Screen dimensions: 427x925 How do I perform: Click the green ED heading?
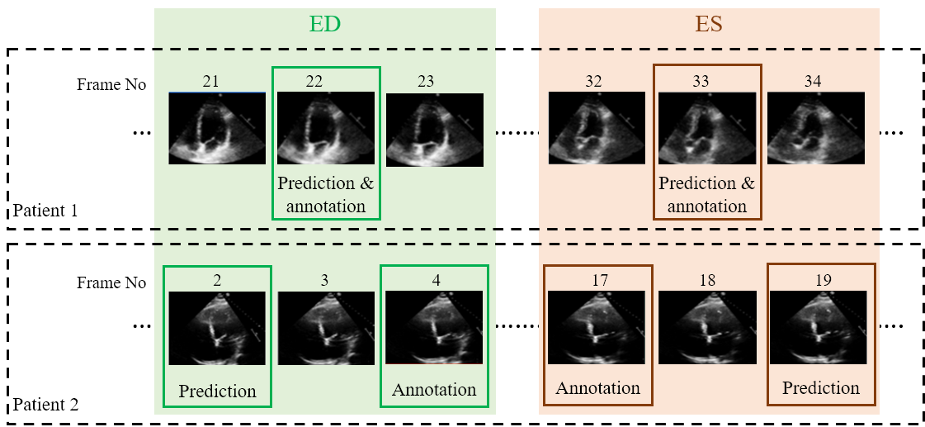(x=324, y=25)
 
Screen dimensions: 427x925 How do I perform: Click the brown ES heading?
(x=709, y=25)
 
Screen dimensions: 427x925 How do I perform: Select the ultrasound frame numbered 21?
(x=217, y=128)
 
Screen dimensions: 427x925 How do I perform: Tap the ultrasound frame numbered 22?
(x=326, y=128)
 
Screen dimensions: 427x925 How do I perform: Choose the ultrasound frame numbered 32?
(x=597, y=128)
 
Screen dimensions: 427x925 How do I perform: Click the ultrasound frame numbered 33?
(x=707, y=128)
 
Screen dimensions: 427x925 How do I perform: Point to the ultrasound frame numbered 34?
(x=816, y=128)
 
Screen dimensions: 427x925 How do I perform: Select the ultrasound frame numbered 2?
(x=217, y=328)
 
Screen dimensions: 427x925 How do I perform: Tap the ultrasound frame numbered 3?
(x=326, y=328)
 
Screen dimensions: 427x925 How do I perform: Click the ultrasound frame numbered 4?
(x=434, y=328)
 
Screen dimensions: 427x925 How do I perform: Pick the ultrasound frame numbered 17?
(x=597, y=328)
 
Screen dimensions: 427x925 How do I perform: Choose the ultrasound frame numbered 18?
(x=707, y=328)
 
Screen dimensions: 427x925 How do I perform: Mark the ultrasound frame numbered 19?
(x=817, y=328)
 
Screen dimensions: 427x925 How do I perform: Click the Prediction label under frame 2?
(x=217, y=391)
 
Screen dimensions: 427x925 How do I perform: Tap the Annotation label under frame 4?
(x=434, y=389)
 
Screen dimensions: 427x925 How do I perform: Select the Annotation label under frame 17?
(x=597, y=387)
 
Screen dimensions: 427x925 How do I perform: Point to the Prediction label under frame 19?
(x=821, y=387)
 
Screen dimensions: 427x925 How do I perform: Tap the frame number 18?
(x=706, y=281)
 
